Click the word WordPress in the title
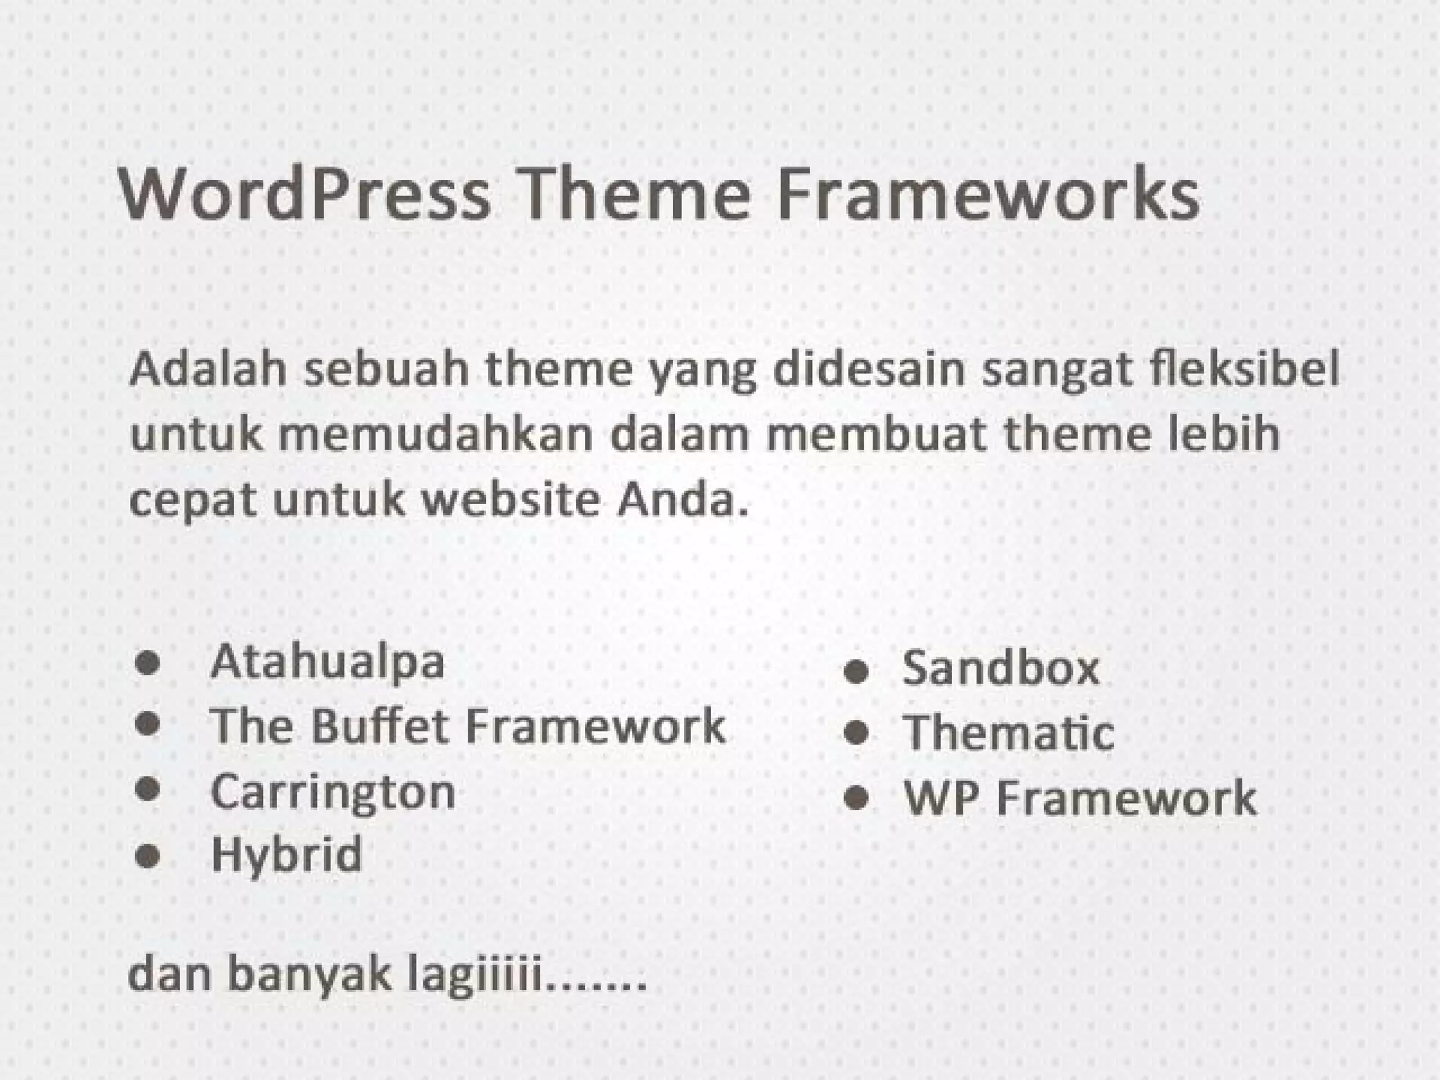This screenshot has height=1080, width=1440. [304, 194]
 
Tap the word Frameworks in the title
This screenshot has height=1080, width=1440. [988, 194]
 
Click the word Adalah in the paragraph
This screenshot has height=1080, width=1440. [208, 368]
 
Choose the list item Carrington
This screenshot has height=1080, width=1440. [333, 792]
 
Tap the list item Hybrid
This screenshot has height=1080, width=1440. [287, 854]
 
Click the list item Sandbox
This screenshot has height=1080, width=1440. [1001, 668]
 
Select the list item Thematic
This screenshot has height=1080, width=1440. [1008, 733]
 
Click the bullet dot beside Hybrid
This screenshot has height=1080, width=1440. [148, 856]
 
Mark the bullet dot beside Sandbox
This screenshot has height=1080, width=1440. [856, 671]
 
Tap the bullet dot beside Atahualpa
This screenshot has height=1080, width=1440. [148, 663]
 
